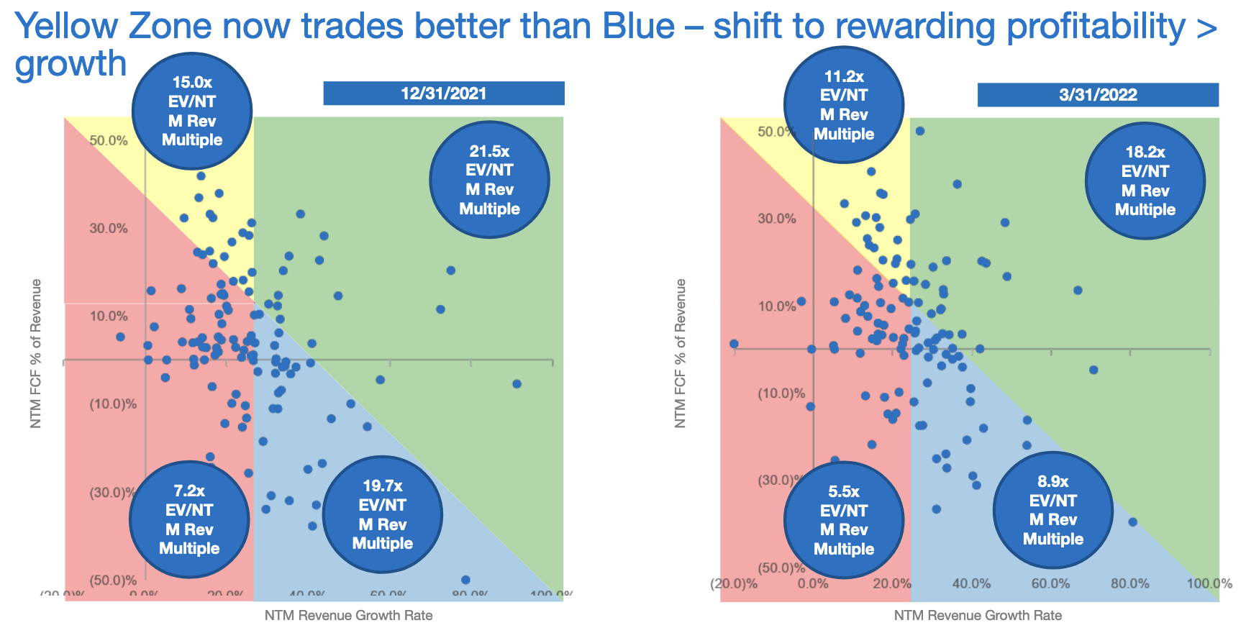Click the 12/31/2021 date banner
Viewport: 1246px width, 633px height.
(x=443, y=94)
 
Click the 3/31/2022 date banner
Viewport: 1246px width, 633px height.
(x=1097, y=95)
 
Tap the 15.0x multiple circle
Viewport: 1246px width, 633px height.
(x=192, y=111)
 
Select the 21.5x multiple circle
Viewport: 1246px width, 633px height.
(x=489, y=180)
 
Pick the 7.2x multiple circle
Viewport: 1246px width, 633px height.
(x=189, y=519)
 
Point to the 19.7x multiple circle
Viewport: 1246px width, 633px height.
(x=382, y=514)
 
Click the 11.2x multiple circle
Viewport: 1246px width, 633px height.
(x=844, y=105)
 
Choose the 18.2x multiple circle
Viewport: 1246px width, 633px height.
(x=1145, y=181)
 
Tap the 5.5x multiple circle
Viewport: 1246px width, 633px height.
(x=843, y=520)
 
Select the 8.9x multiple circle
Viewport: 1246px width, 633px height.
(x=1052, y=510)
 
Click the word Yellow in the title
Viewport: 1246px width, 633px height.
(x=65, y=27)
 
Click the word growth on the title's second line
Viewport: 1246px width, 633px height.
(x=71, y=63)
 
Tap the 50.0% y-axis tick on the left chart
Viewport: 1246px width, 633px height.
(x=109, y=140)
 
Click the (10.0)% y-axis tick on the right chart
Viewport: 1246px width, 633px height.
(x=781, y=393)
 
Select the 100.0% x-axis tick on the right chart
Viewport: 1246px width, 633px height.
(x=1209, y=583)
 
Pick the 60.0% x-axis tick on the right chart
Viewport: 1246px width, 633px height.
(x=1051, y=583)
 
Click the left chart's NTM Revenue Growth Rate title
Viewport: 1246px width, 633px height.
(x=348, y=615)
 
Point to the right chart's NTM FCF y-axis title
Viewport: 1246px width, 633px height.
(x=681, y=353)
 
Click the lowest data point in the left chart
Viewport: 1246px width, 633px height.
(x=465, y=580)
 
